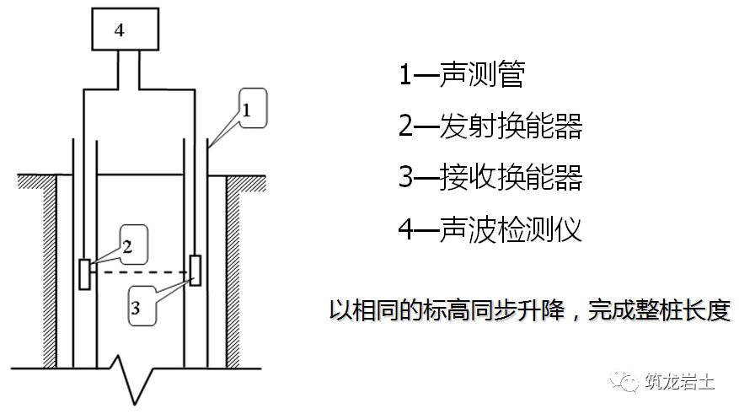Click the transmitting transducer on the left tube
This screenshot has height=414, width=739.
(x=84, y=274)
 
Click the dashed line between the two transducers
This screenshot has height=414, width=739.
(x=140, y=272)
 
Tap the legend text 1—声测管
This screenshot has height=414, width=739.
(x=462, y=75)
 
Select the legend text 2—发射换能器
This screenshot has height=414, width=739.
(x=490, y=126)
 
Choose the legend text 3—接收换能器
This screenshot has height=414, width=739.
(x=490, y=178)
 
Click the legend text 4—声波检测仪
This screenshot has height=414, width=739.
(x=490, y=229)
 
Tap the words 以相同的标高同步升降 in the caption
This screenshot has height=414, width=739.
(x=439, y=309)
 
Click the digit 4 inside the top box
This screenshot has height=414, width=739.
(x=120, y=30)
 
